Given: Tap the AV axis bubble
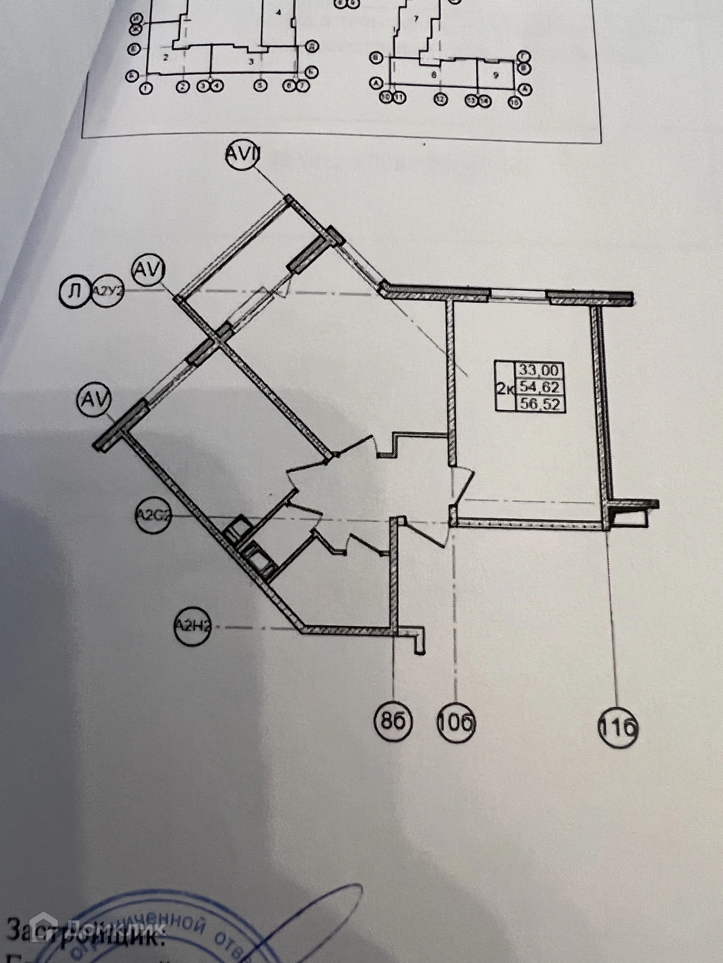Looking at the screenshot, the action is coord(95,400).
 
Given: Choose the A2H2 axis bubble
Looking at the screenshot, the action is coord(192,627).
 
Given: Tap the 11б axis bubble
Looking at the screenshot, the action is coord(618,728).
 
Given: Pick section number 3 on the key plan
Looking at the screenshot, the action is coord(251,61).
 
